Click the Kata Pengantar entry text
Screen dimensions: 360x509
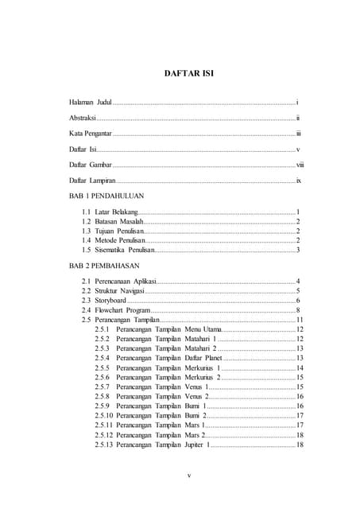point(90,133)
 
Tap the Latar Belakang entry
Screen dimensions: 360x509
point(117,212)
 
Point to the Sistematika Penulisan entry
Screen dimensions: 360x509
point(124,250)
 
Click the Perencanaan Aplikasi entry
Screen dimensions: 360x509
point(124,282)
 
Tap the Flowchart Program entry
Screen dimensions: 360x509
point(121,310)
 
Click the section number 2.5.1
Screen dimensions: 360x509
point(102,328)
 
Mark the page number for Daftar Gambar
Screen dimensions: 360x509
point(300,165)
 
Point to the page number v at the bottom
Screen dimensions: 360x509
point(181,476)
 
